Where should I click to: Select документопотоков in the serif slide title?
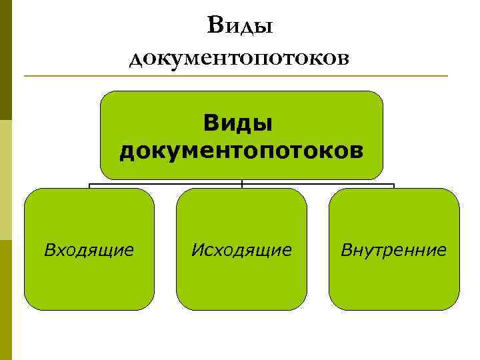coord(239,58)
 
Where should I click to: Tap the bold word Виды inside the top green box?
coord(242,122)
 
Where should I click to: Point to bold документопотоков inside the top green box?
coord(242,150)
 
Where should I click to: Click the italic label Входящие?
coord(89,251)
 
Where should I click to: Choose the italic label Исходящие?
coord(241,251)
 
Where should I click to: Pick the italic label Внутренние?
coord(393,251)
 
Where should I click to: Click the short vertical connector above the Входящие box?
coord(89,186)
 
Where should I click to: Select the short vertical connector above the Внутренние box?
coord(394,186)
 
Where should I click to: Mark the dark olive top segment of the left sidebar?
coord(6,60)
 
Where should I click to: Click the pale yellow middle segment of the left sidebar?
coord(6,180)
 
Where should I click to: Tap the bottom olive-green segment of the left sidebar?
coord(6,300)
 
